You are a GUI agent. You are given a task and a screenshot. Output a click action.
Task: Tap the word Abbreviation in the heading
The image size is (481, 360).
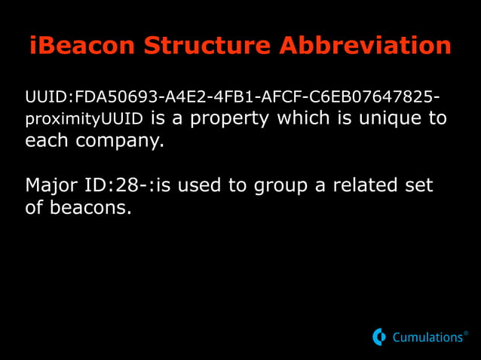(365, 45)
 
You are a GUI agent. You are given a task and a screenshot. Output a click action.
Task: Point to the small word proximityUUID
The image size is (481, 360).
(84, 120)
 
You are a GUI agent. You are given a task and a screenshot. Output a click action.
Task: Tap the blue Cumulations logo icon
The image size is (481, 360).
(379, 337)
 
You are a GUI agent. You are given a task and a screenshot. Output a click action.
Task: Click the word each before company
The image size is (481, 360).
(45, 141)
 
